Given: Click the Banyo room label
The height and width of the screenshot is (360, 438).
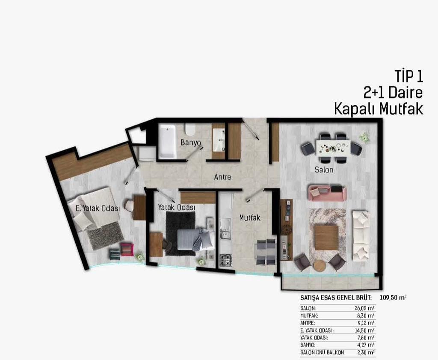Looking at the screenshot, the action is (x=191, y=143).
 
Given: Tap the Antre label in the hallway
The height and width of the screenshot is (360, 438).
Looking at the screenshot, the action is (x=222, y=177).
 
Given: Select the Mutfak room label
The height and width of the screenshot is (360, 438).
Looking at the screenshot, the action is (x=250, y=217).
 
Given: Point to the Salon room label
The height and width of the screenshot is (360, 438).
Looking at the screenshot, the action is (x=324, y=170).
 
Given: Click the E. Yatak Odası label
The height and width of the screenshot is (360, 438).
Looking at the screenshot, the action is (x=98, y=208).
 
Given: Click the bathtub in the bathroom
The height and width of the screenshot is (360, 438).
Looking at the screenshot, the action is (x=167, y=141).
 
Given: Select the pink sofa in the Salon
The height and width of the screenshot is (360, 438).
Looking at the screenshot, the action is (x=327, y=192).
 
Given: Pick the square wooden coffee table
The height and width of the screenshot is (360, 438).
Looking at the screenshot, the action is (x=326, y=238).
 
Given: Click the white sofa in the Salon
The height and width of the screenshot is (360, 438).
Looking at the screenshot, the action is (x=361, y=236).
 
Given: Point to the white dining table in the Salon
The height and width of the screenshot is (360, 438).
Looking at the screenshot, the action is (x=333, y=148).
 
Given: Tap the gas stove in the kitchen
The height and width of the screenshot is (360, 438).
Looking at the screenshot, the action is (x=225, y=260).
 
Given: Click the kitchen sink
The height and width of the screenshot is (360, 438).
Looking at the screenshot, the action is (x=225, y=229).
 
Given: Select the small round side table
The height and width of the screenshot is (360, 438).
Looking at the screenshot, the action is (x=320, y=266).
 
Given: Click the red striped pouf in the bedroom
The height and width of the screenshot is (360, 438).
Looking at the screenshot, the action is (x=127, y=250).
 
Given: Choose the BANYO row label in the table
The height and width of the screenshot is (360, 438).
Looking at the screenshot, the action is (x=308, y=345).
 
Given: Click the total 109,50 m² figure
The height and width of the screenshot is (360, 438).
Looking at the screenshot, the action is (x=393, y=298).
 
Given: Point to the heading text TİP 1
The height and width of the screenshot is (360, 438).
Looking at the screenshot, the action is (x=408, y=76).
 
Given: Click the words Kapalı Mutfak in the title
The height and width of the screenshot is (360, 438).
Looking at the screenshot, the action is (x=379, y=109).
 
